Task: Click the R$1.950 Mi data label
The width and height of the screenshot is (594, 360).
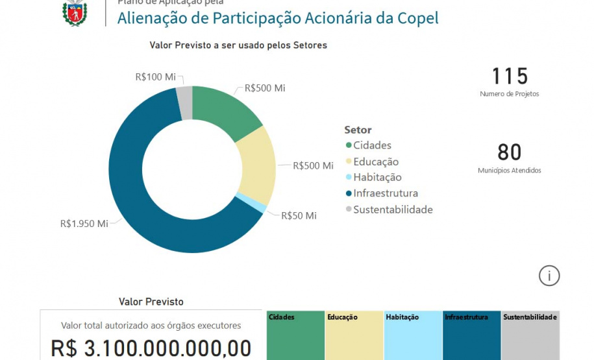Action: (84, 224)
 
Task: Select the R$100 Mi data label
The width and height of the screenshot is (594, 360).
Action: (155, 77)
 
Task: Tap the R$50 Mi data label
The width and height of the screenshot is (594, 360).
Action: (299, 215)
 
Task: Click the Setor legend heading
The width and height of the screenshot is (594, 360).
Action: (358, 130)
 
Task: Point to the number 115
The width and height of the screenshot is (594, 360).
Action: (510, 77)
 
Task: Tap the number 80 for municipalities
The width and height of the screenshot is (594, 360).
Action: (510, 152)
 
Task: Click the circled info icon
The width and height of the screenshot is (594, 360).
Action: (549, 276)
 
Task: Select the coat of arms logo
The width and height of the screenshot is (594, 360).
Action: (75, 12)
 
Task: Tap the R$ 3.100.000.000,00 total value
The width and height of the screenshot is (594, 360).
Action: (151, 348)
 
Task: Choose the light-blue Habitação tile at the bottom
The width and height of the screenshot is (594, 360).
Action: (412, 336)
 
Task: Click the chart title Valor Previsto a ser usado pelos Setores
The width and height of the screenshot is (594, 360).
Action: (238, 45)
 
